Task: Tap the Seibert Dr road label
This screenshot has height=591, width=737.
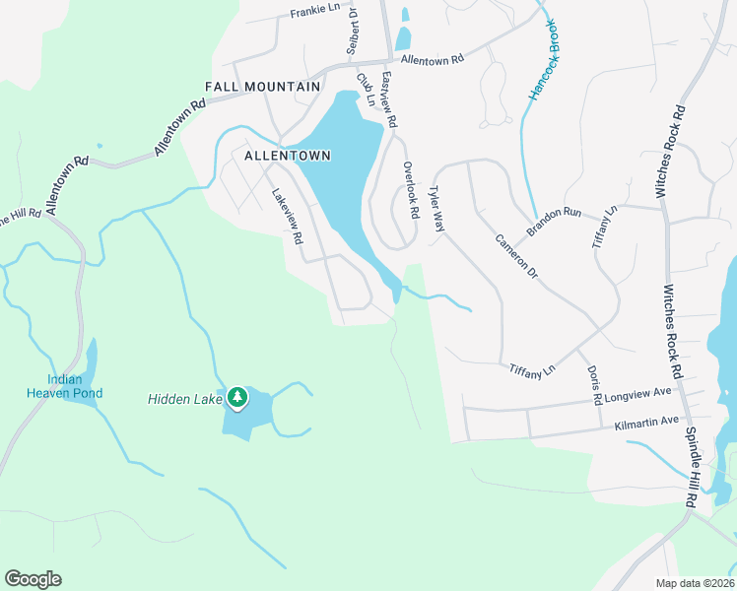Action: click(x=351, y=33)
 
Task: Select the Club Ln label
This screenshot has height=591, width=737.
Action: click(x=366, y=90)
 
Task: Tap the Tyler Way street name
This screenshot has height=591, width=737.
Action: click(x=436, y=211)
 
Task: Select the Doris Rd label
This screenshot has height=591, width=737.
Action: click(x=595, y=385)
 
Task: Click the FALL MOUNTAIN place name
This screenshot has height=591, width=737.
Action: click(x=262, y=87)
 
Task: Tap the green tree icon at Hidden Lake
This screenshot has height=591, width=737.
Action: click(x=236, y=398)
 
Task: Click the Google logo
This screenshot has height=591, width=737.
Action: click(x=33, y=579)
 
